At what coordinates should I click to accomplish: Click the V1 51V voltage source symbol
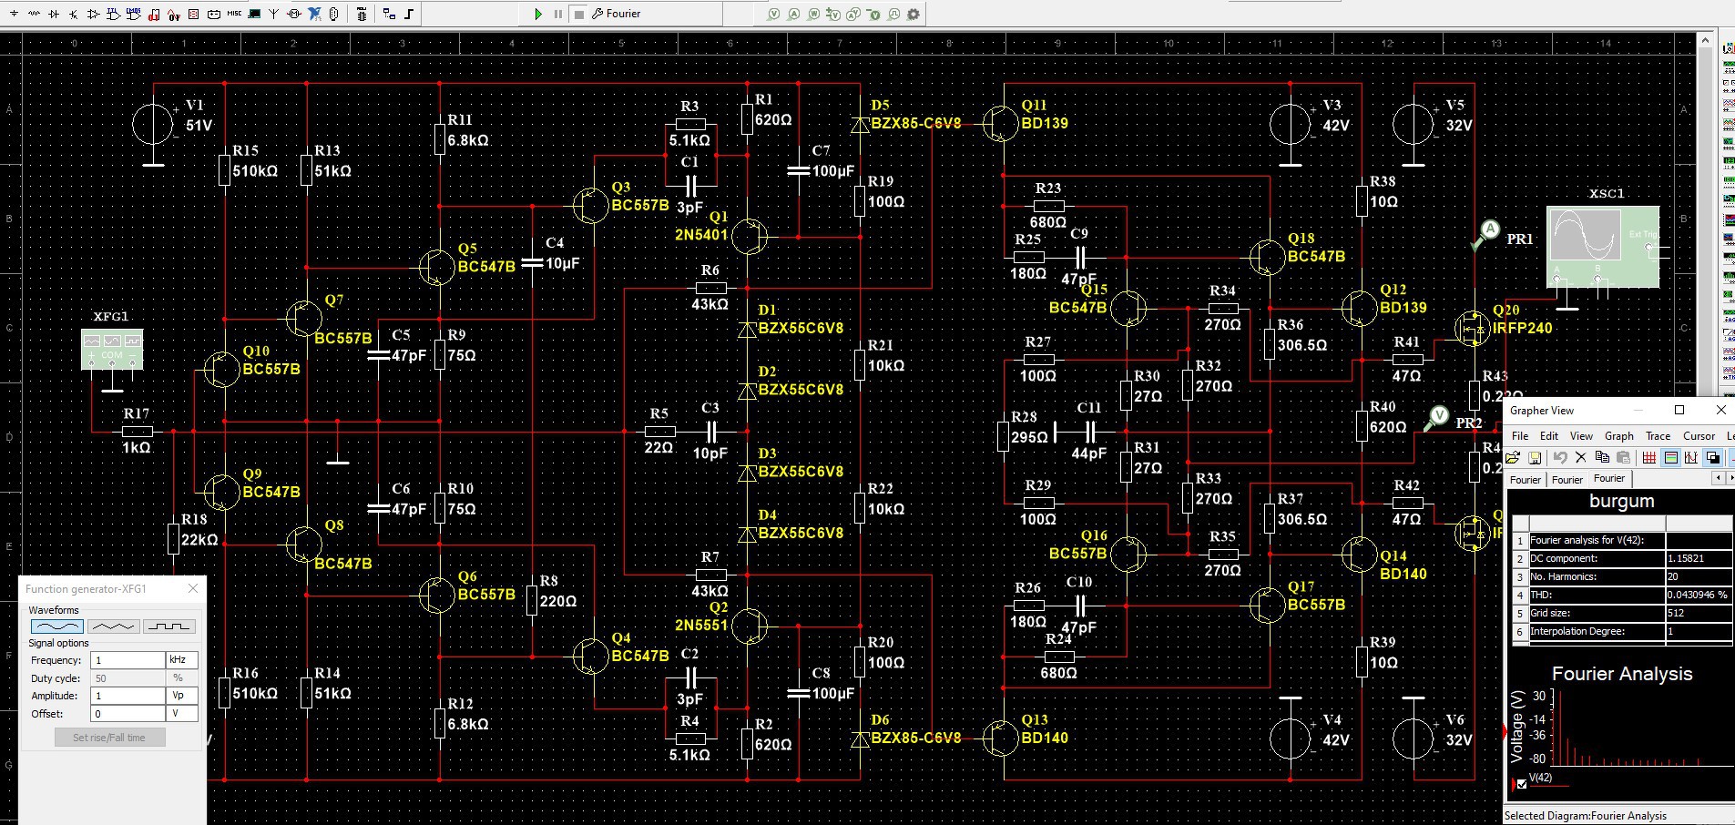(x=153, y=125)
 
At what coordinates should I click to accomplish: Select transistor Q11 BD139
(x=1001, y=124)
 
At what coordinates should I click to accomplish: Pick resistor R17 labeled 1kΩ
(x=137, y=431)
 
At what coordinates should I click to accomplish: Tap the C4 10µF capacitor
(x=532, y=264)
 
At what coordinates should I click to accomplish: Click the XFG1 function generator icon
(x=112, y=350)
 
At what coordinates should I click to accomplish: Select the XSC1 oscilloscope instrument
(x=1602, y=246)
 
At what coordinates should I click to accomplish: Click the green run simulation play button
(x=538, y=14)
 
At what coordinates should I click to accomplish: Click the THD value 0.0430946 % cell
(x=1699, y=595)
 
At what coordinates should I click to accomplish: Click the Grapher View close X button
(x=1720, y=411)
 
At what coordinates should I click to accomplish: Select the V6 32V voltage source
(x=1413, y=739)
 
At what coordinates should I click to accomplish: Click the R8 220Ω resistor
(x=532, y=601)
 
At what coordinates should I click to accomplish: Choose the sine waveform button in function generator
(x=56, y=626)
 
